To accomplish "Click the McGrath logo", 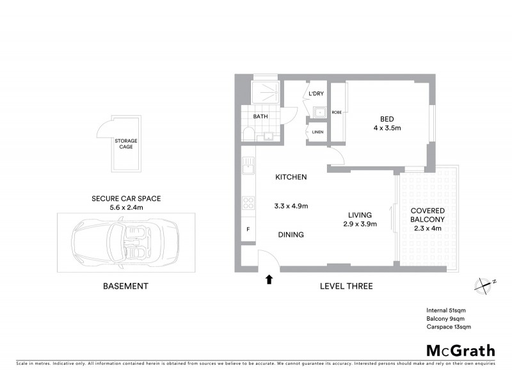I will pos(460,350).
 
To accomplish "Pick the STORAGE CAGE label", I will pos(125,143).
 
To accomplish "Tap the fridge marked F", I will pos(247,228).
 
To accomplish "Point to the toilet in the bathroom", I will pos(249,134).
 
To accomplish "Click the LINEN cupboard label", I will pos(318,132).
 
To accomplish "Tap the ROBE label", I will pos(336,113).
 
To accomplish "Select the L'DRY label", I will pos(316,94).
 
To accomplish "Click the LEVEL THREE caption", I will pos(346,286).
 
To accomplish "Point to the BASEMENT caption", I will pos(125,286).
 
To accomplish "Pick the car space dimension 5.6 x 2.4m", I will pos(125,207).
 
